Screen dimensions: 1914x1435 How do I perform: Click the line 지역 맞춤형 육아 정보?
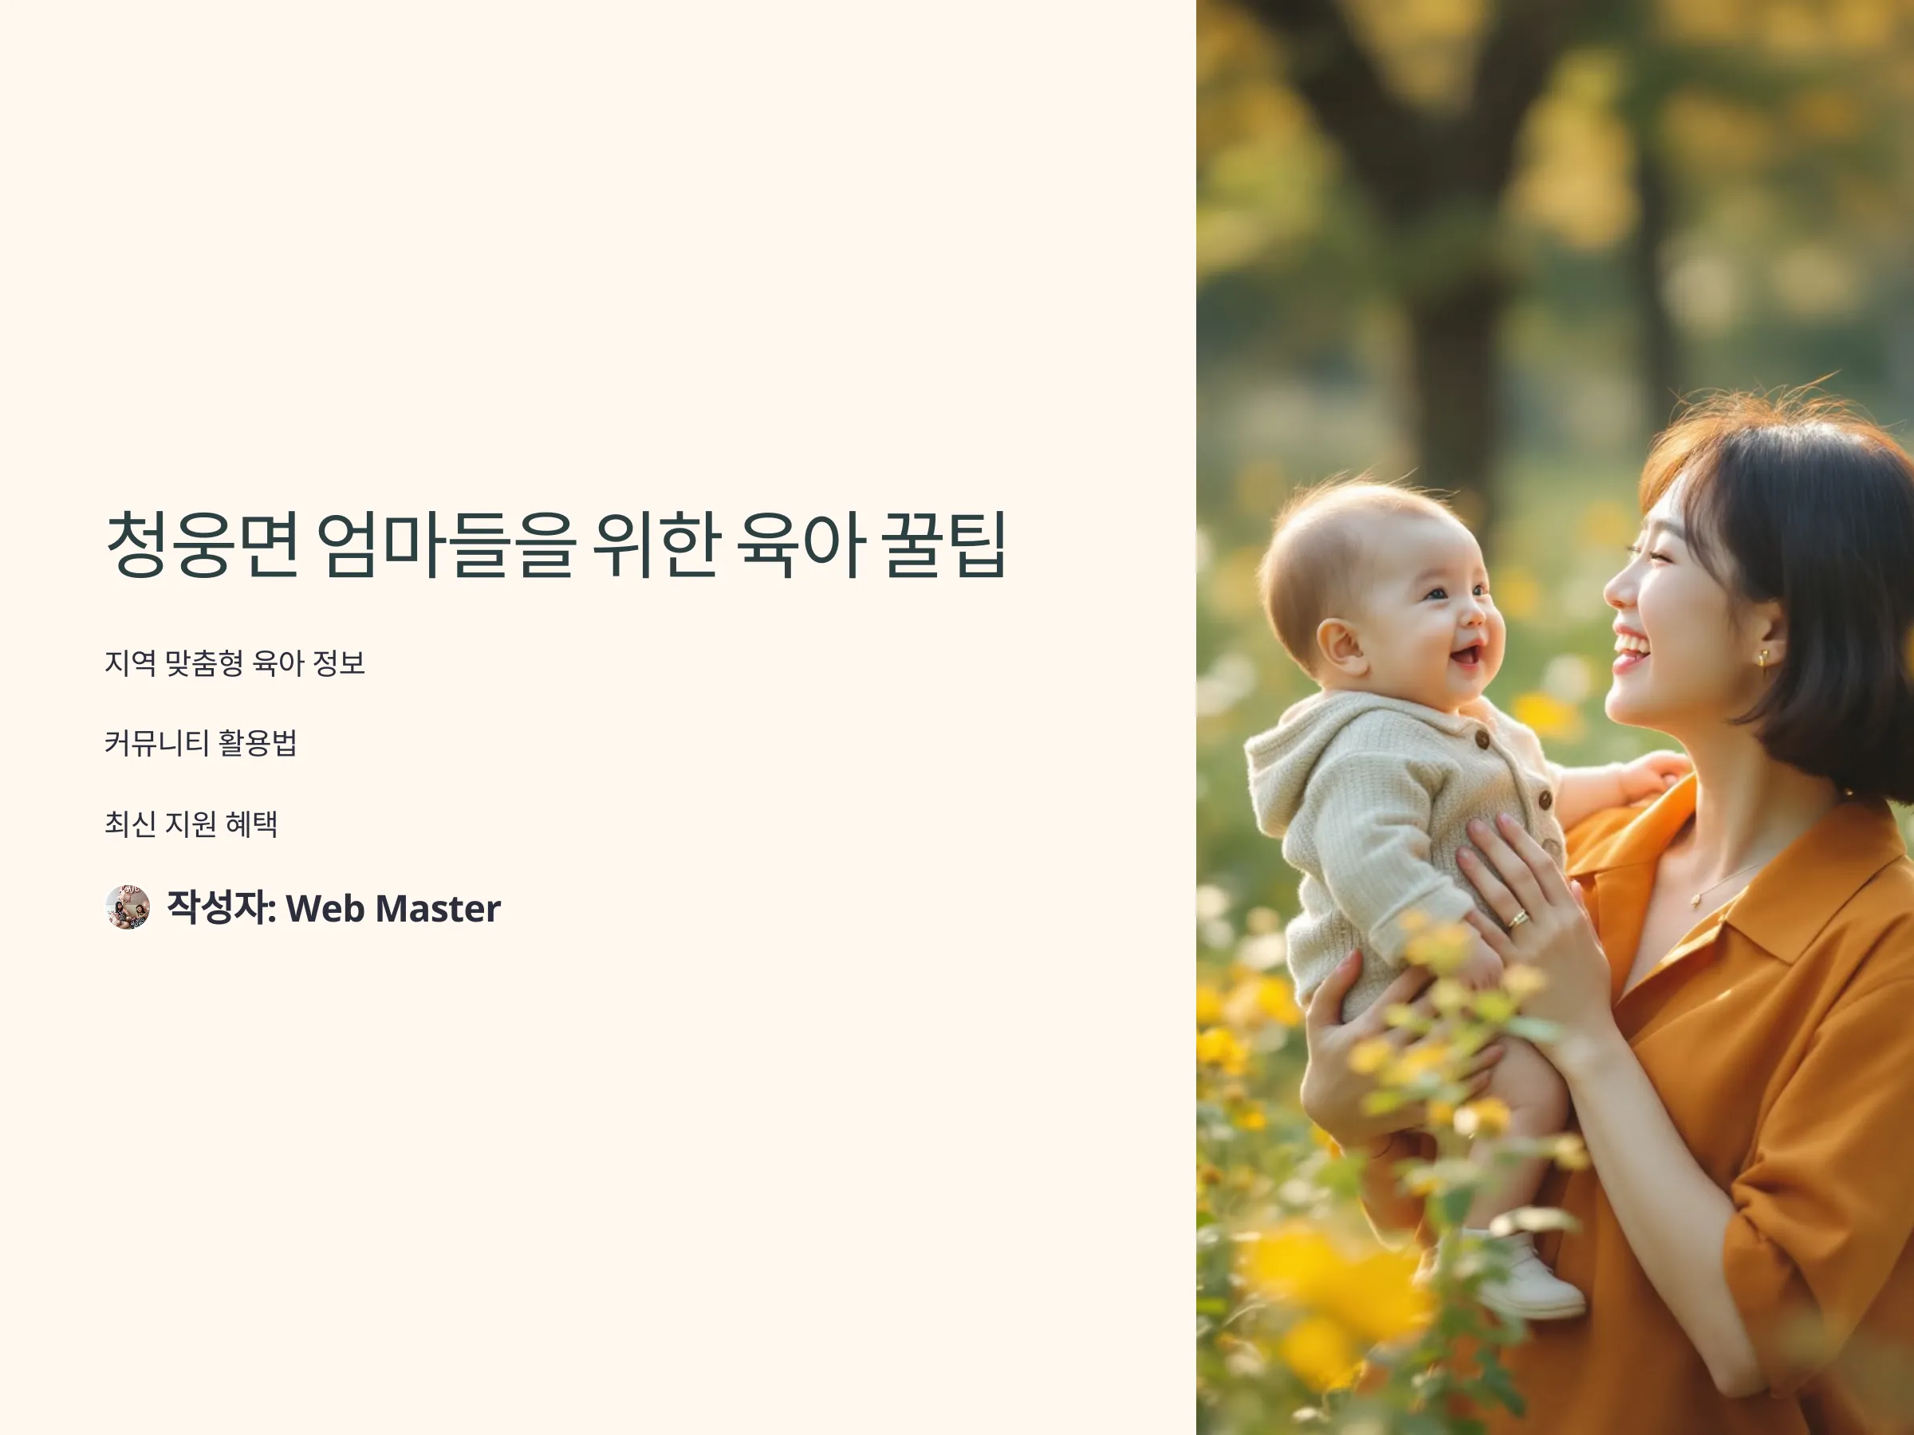pyautogui.click(x=234, y=663)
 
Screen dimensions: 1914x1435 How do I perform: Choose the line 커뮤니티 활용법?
pyautogui.click(x=201, y=743)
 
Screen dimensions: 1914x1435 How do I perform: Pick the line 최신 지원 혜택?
pyautogui.click(x=191, y=824)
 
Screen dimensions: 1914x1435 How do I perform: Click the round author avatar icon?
pyautogui.click(x=127, y=907)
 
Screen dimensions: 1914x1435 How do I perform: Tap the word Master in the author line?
pyautogui.click(x=438, y=908)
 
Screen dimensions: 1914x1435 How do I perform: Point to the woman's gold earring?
pyautogui.click(x=1762, y=659)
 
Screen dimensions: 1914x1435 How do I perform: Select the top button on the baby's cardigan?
pyautogui.click(x=1483, y=740)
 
